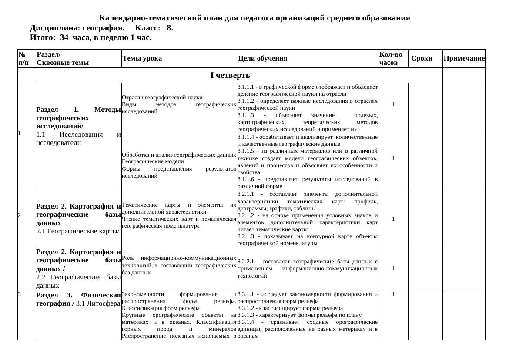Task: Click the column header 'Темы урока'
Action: click(x=142, y=59)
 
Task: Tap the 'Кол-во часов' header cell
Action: click(x=391, y=59)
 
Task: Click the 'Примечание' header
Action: click(x=464, y=59)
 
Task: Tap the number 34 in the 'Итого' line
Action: click(x=64, y=38)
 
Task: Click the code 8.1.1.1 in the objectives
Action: click(x=247, y=87)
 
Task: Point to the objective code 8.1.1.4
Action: click(x=247, y=137)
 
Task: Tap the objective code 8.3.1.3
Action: click(x=247, y=315)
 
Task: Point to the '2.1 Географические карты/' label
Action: click(x=78, y=231)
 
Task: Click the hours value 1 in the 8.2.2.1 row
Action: click(x=393, y=269)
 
